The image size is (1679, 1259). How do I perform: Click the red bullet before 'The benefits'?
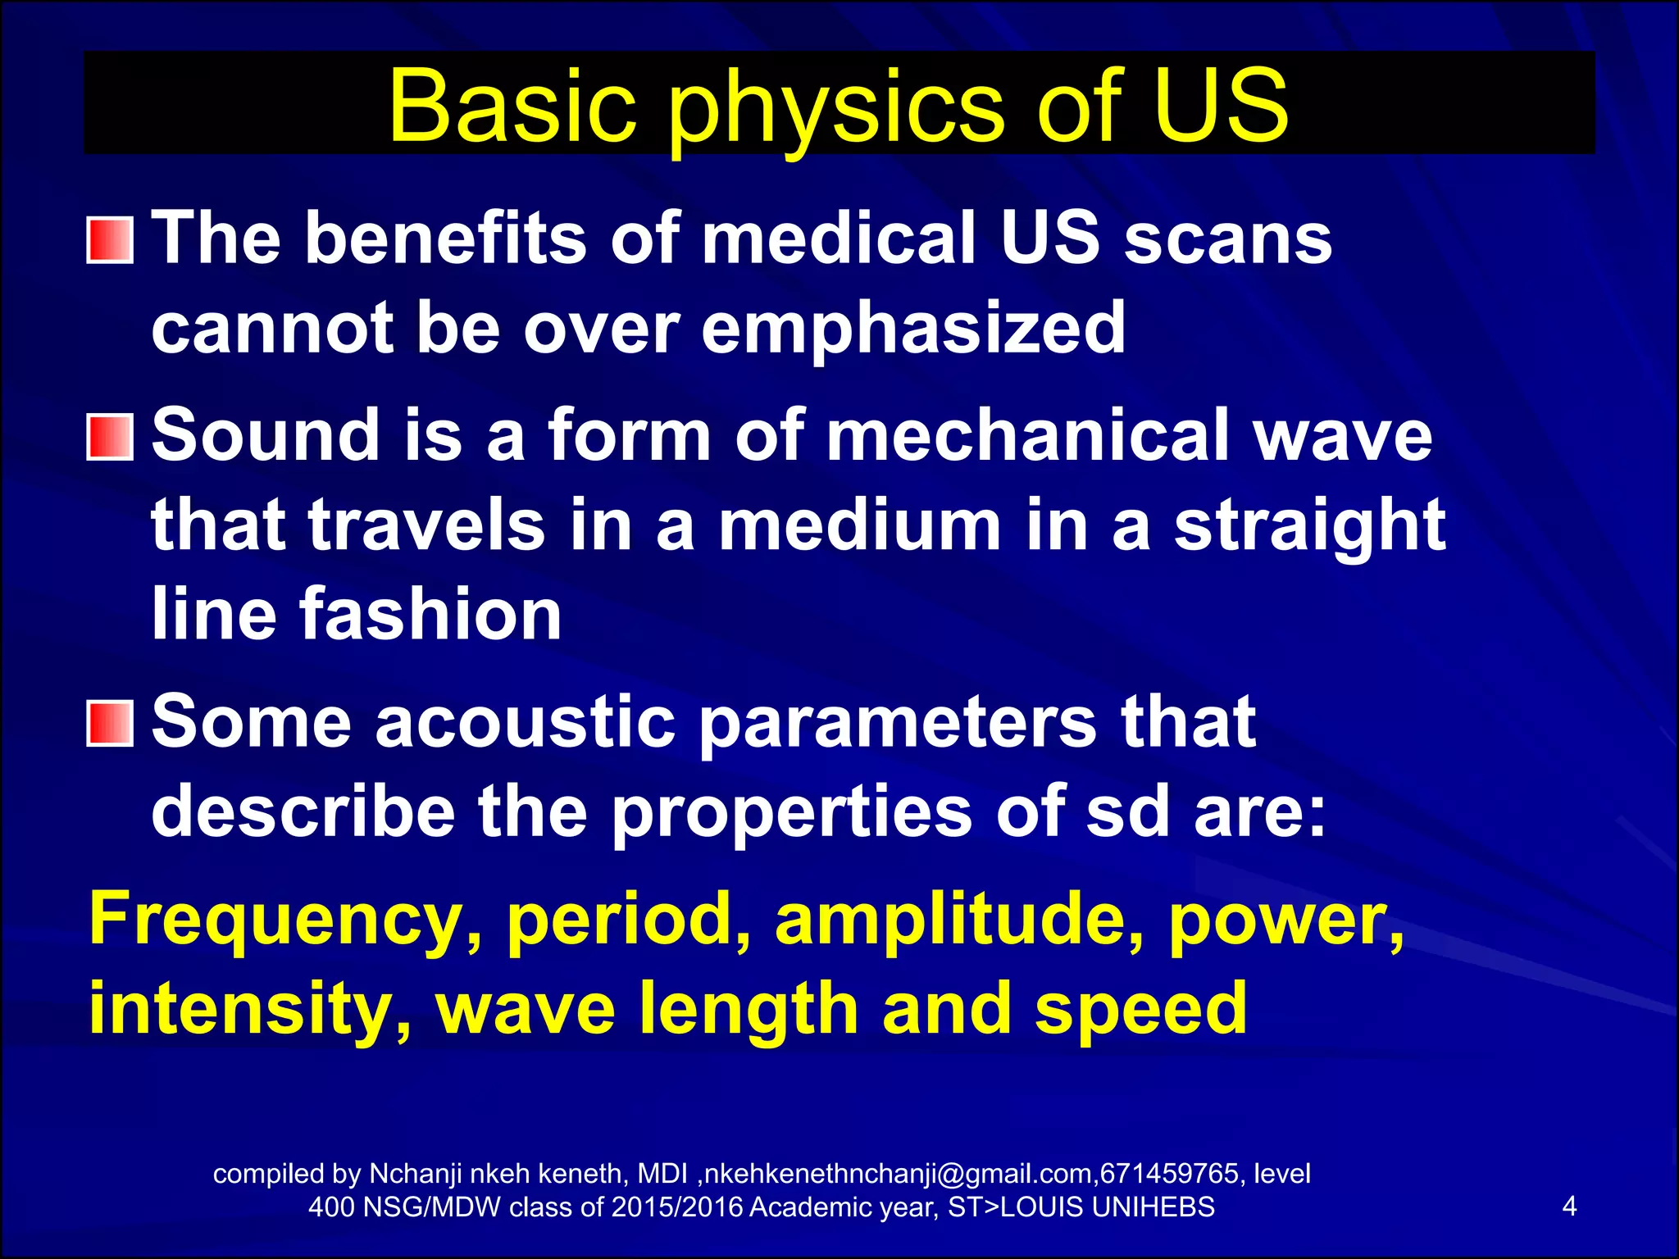click(x=110, y=240)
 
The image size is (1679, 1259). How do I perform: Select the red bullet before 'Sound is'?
click(x=110, y=437)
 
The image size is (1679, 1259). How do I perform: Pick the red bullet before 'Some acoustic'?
click(x=110, y=723)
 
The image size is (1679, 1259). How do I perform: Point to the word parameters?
click(x=897, y=723)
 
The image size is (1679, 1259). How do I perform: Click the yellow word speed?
click(x=1140, y=1010)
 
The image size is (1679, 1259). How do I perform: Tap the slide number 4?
click(x=1569, y=1207)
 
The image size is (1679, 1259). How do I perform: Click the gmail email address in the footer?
click(x=899, y=1174)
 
